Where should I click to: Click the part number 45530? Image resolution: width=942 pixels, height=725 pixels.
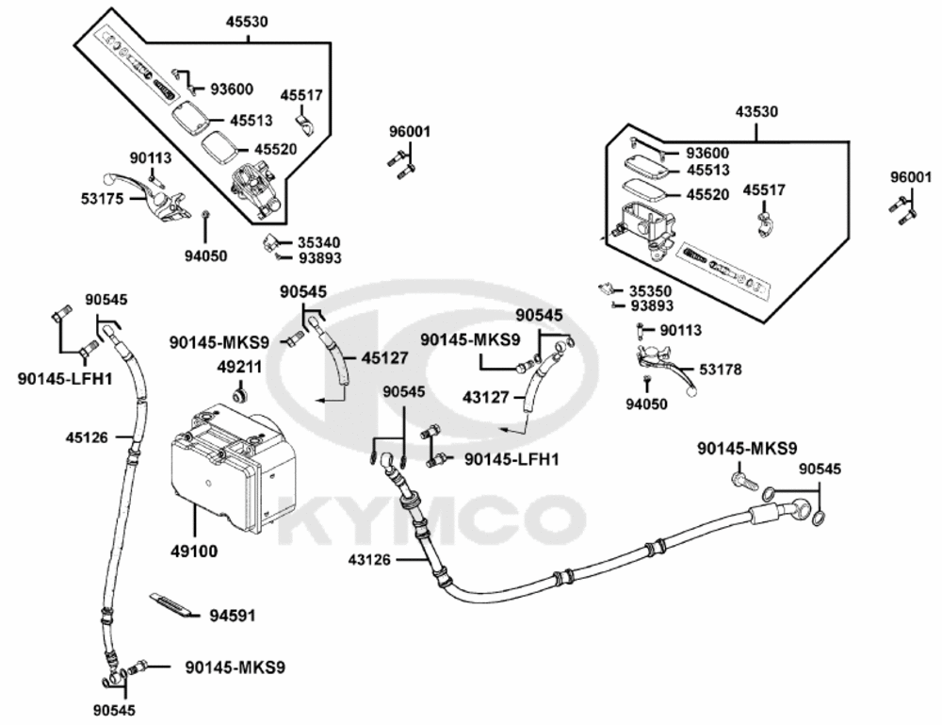pyautogui.click(x=247, y=22)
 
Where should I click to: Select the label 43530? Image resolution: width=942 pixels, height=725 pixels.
pyautogui.click(x=756, y=112)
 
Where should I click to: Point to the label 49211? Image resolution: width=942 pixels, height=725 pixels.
pyautogui.click(x=239, y=366)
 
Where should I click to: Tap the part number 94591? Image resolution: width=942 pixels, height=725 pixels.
pyautogui.click(x=233, y=616)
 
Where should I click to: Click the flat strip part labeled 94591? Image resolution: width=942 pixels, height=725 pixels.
pyautogui.click(x=174, y=606)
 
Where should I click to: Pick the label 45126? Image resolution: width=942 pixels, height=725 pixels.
pyautogui.click(x=87, y=437)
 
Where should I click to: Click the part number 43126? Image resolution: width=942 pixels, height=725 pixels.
pyautogui.click(x=369, y=560)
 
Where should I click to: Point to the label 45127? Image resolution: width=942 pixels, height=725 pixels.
pyautogui.click(x=384, y=357)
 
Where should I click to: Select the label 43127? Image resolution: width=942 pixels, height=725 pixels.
pyautogui.click(x=485, y=397)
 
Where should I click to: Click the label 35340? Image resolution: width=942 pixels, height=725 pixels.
pyautogui.click(x=319, y=243)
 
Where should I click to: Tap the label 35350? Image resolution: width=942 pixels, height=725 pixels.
pyautogui.click(x=651, y=291)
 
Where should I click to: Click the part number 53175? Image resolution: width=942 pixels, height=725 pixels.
pyautogui.click(x=102, y=198)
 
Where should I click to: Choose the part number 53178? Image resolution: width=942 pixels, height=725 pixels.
pyautogui.click(x=721, y=370)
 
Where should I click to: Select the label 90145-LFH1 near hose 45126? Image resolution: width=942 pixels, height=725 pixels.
pyautogui.click(x=65, y=379)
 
